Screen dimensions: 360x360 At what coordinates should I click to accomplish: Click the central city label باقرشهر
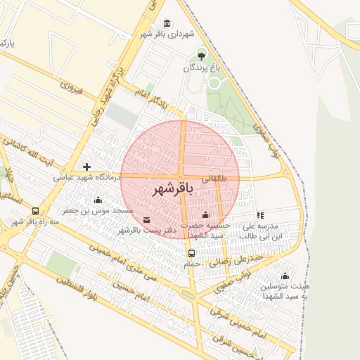tap(172, 190)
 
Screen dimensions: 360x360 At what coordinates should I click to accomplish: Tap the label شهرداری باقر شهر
tap(166, 34)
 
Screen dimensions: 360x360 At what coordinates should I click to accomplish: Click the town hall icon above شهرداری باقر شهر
tap(167, 23)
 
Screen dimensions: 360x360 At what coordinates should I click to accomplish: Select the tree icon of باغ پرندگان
tap(202, 56)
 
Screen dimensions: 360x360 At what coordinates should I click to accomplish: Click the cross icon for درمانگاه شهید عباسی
tap(86, 167)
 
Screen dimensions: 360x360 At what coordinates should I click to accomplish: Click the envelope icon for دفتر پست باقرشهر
tap(146, 220)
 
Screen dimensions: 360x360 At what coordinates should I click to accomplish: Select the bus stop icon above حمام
tap(191, 253)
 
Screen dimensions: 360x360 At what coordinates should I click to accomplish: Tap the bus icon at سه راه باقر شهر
tap(35, 211)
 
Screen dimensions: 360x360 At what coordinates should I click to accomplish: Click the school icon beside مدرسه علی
tap(260, 215)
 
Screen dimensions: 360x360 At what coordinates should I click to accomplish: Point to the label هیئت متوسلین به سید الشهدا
tap(285, 292)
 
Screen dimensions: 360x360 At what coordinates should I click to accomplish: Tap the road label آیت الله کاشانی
tap(30, 151)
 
